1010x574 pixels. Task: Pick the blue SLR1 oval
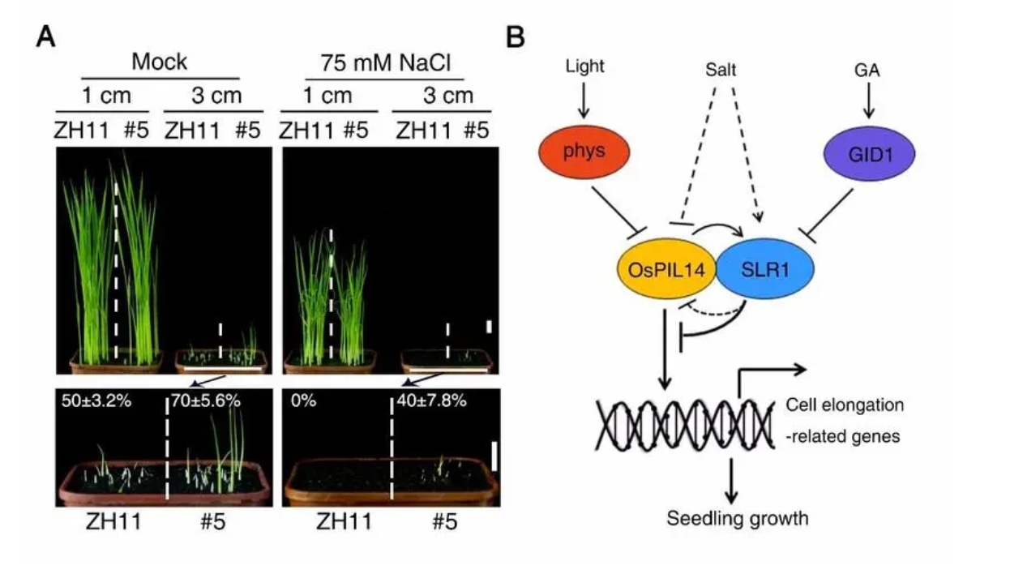tap(764, 271)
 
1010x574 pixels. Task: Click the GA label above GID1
tap(867, 71)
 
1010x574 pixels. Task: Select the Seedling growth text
tap(737, 517)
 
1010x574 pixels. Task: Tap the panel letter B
tap(516, 36)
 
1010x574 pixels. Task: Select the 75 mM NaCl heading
tap(383, 61)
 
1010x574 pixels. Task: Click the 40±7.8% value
tap(431, 400)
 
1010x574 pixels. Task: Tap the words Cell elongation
tap(845, 404)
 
